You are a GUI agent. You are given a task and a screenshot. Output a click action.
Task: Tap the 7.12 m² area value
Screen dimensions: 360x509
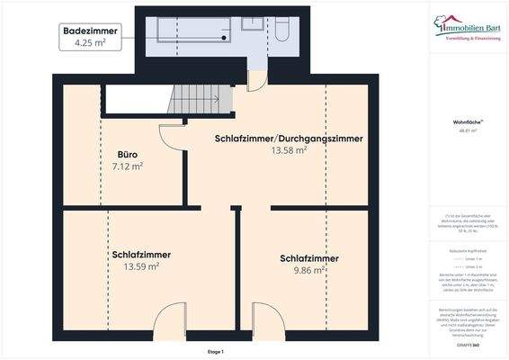click(x=127, y=166)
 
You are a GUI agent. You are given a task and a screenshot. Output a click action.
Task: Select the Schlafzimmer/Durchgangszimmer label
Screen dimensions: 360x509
click(x=289, y=139)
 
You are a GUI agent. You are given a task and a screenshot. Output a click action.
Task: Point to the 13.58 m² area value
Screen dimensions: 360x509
click(x=289, y=151)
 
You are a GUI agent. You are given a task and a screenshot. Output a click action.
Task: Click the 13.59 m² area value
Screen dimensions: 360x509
click(x=141, y=266)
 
